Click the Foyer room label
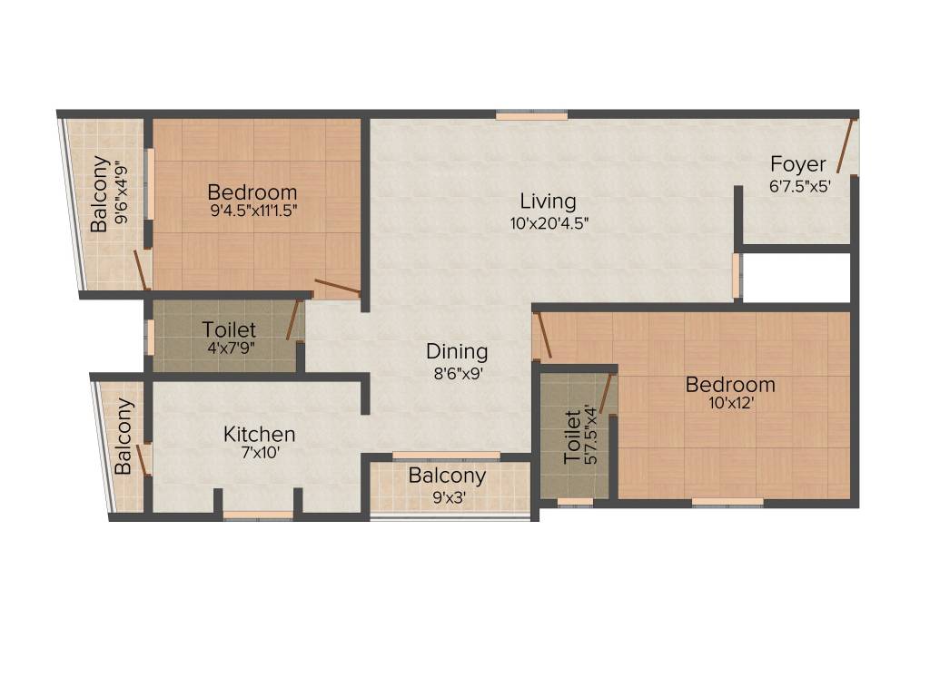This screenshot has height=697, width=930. click(798, 164)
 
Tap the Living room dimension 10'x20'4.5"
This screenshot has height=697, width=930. click(549, 223)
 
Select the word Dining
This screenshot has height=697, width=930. click(457, 351)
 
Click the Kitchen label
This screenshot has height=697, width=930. click(259, 435)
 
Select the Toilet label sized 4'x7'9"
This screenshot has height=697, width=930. click(229, 329)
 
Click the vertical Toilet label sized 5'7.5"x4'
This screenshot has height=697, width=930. click(572, 437)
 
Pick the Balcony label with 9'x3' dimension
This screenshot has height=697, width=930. click(446, 476)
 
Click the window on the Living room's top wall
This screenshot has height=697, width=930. click(531, 115)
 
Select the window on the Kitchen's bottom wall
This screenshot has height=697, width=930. click(258, 515)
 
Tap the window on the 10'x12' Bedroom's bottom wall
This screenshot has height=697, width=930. click(727, 501)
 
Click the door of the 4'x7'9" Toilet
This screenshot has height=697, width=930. click(292, 319)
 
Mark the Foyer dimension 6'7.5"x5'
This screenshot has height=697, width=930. click(798, 185)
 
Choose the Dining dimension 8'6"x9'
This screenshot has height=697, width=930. click(457, 372)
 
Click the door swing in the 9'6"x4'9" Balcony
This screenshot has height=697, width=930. click(140, 270)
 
